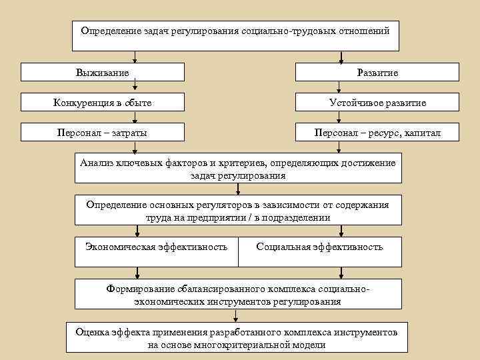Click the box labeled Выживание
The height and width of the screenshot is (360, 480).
pyautogui.click(x=102, y=72)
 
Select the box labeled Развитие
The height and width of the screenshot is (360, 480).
pyautogui.click(x=377, y=72)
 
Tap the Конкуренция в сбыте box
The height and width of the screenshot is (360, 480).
pyautogui.click(x=102, y=103)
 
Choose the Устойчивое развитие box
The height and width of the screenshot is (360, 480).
pyautogui.click(x=377, y=103)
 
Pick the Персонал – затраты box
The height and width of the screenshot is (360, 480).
pyautogui.click(x=102, y=133)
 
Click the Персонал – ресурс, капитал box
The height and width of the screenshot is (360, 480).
pyautogui.click(x=377, y=133)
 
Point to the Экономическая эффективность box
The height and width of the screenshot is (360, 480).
pyautogui.click(x=156, y=247)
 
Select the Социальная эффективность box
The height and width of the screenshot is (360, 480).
pyautogui.click(x=319, y=247)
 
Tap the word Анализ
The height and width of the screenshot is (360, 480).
pyautogui.click(x=97, y=163)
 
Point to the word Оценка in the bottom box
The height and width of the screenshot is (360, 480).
pyautogui.click(x=93, y=331)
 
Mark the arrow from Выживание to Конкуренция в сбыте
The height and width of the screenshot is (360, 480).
pyautogui.click(x=135, y=86)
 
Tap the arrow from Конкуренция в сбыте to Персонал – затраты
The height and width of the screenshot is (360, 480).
pyautogui.click(x=135, y=117)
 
